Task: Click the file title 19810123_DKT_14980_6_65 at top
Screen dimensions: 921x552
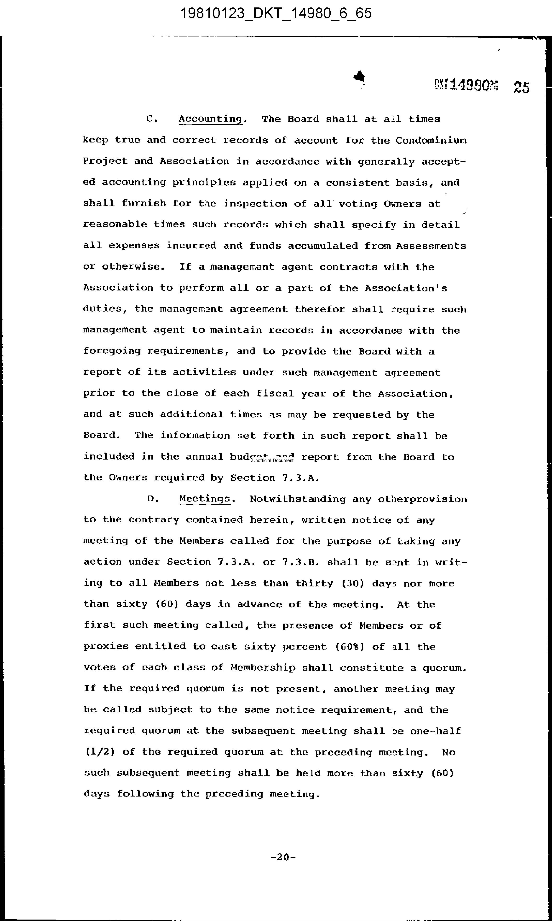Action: [276, 14]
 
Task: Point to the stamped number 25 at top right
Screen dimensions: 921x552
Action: [522, 88]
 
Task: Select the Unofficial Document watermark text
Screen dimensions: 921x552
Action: [273, 460]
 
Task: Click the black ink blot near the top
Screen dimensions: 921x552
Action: [360, 77]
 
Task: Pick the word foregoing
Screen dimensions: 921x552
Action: [112, 351]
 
